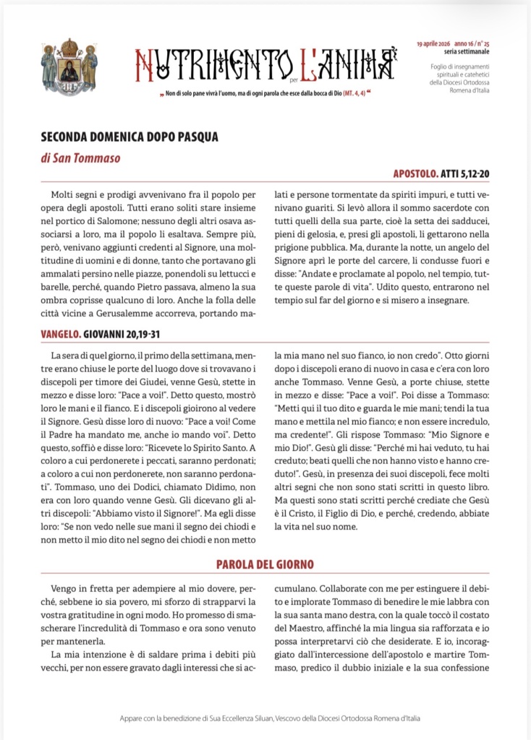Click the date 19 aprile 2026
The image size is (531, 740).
[436, 44]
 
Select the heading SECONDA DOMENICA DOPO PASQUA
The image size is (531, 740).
[129, 136]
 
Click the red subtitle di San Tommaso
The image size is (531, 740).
[80, 158]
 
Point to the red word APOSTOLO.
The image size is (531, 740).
[415, 174]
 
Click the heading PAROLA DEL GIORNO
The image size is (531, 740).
[265, 564]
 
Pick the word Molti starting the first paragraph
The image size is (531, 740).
[65, 195]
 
